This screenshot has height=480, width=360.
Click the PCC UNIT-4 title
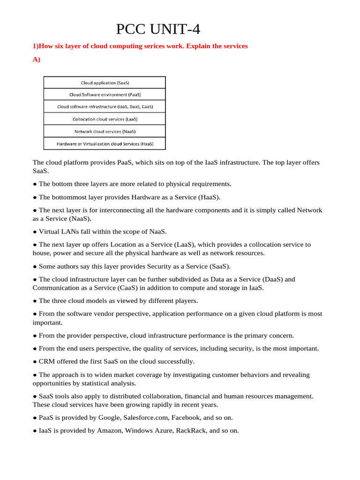click(x=158, y=30)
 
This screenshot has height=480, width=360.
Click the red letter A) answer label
click(x=37, y=60)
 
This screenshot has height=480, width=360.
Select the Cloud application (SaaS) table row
click(x=105, y=82)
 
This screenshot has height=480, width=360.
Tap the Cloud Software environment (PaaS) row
click(x=105, y=95)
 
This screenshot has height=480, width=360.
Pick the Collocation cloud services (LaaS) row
click(x=105, y=119)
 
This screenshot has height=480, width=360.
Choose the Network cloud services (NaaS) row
click(x=105, y=131)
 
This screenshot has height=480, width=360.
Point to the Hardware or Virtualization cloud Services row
click(x=105, y=143)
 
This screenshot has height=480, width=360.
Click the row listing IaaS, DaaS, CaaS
click(x=105, y=107)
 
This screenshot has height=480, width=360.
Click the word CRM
click(x=47, y=361)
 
